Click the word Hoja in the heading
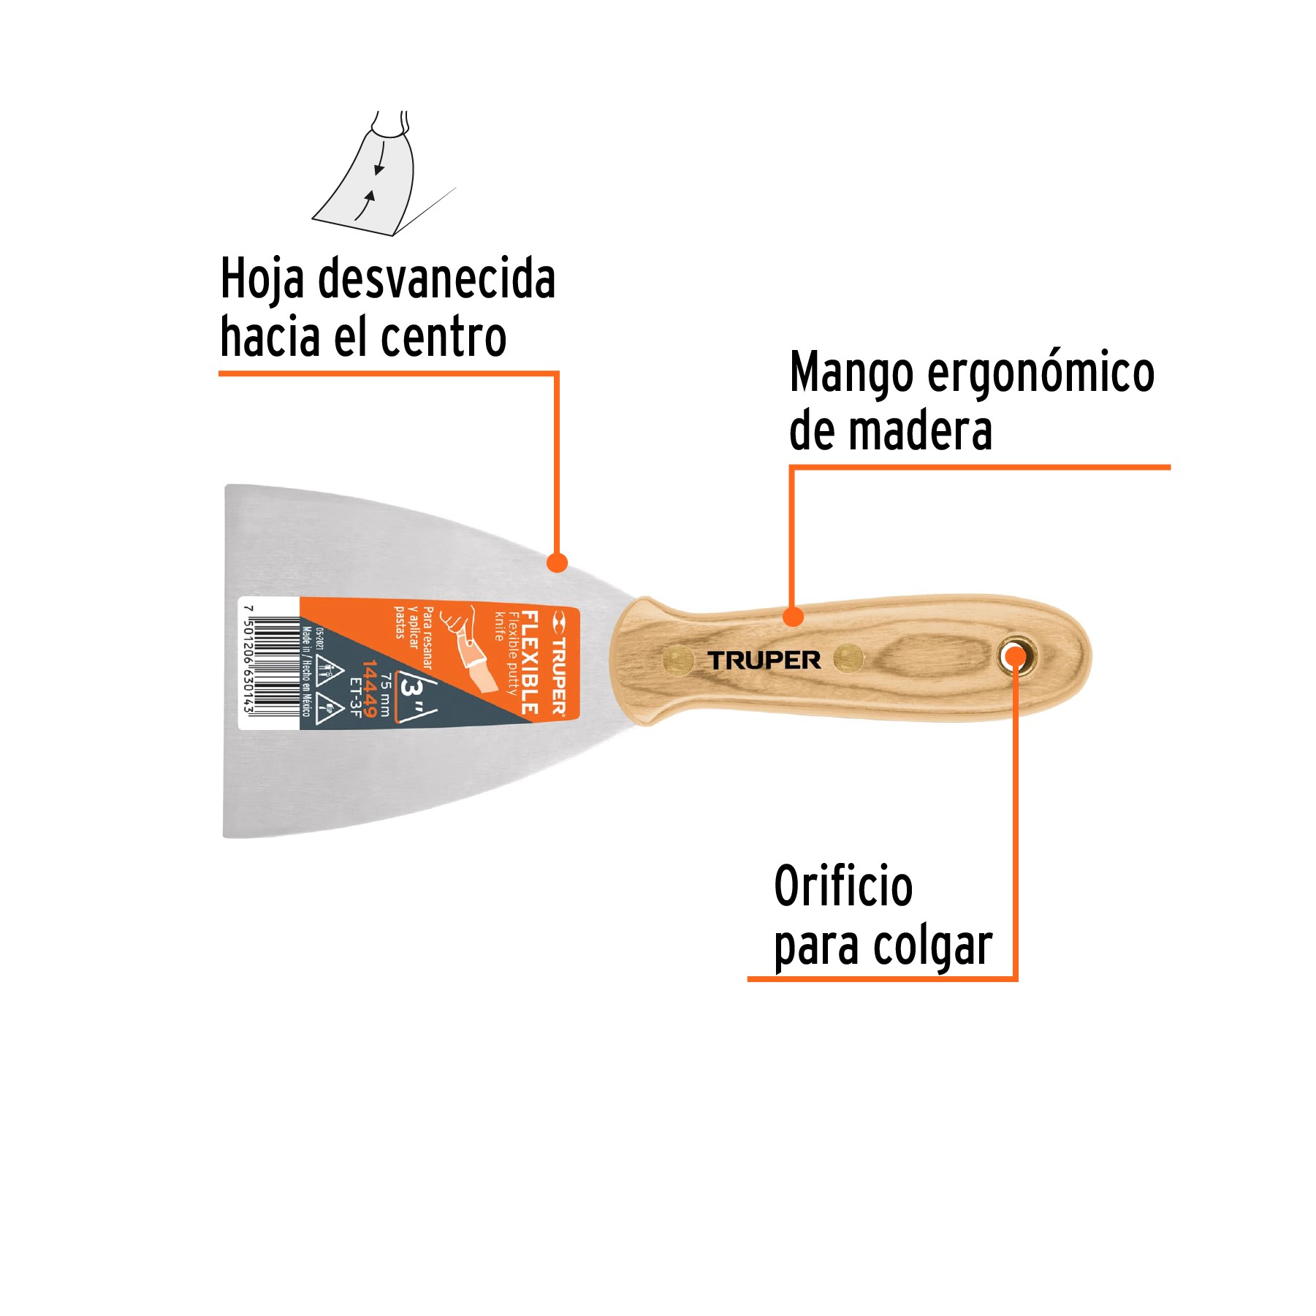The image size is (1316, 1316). pyautogui.click(x=262, y=278)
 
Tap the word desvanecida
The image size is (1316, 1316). pyautogui.click(x=436, y=278)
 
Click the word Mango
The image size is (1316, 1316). pyautogui.click(x=851, y=373)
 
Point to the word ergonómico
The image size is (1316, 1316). pyautogui.click(x=1041, y=373)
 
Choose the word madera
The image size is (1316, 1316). pyautogui.click(x=921, y=431)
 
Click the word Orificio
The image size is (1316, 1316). pyautogui.click(x=843, y=886)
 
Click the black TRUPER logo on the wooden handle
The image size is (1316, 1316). pyautogui.click(x=764, y=661)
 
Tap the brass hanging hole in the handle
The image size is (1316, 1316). pyautogui.click(x=1016, y=656)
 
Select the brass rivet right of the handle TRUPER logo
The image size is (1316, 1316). pyautogui.click(x=848, y=658)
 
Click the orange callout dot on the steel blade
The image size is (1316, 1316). pyautogui.click(x=557, y=563)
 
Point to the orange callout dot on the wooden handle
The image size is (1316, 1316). pyautogui.click(x=793, y=617)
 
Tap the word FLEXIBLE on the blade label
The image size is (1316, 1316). pyautogui.click(x=529, y=661)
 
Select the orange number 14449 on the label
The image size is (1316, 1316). pyautogui.click(x=370, y=688)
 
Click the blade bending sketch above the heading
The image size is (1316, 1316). pyautogui.click(x=373, y=179)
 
